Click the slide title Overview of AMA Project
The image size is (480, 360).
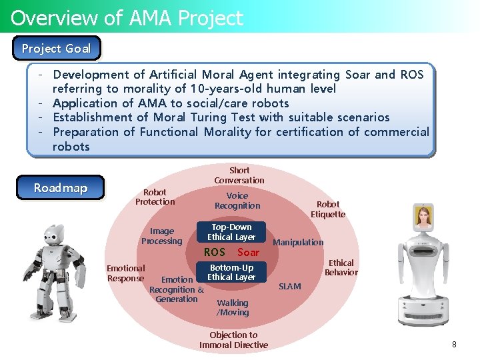tap(127, 18)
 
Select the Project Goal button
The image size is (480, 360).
tap(56, 49)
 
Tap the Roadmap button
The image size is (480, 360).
tap(61, 188)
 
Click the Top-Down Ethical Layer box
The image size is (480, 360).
tap(231, 232)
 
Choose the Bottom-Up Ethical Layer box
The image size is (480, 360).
tap(231, 272)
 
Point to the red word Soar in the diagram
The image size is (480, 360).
tap(248, 252)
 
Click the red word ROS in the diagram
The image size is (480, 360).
tap(214, 252)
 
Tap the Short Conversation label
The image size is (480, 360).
tap(239, 175)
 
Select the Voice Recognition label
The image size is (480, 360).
tap(237, 201)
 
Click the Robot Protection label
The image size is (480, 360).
tap(155, 197)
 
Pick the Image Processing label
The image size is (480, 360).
tap(161, 236)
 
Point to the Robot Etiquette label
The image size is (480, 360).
tap(328, 209)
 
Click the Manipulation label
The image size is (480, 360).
tap(298, 242)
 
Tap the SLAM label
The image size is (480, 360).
tap(290, 286)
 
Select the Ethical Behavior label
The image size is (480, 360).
tap(341, 267)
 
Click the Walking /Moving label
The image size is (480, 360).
tap(233, 307)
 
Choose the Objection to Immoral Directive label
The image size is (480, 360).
tap(233, 340)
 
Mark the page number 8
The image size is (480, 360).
tap(454, 345)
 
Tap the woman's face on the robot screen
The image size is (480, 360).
tap(423, 217)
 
